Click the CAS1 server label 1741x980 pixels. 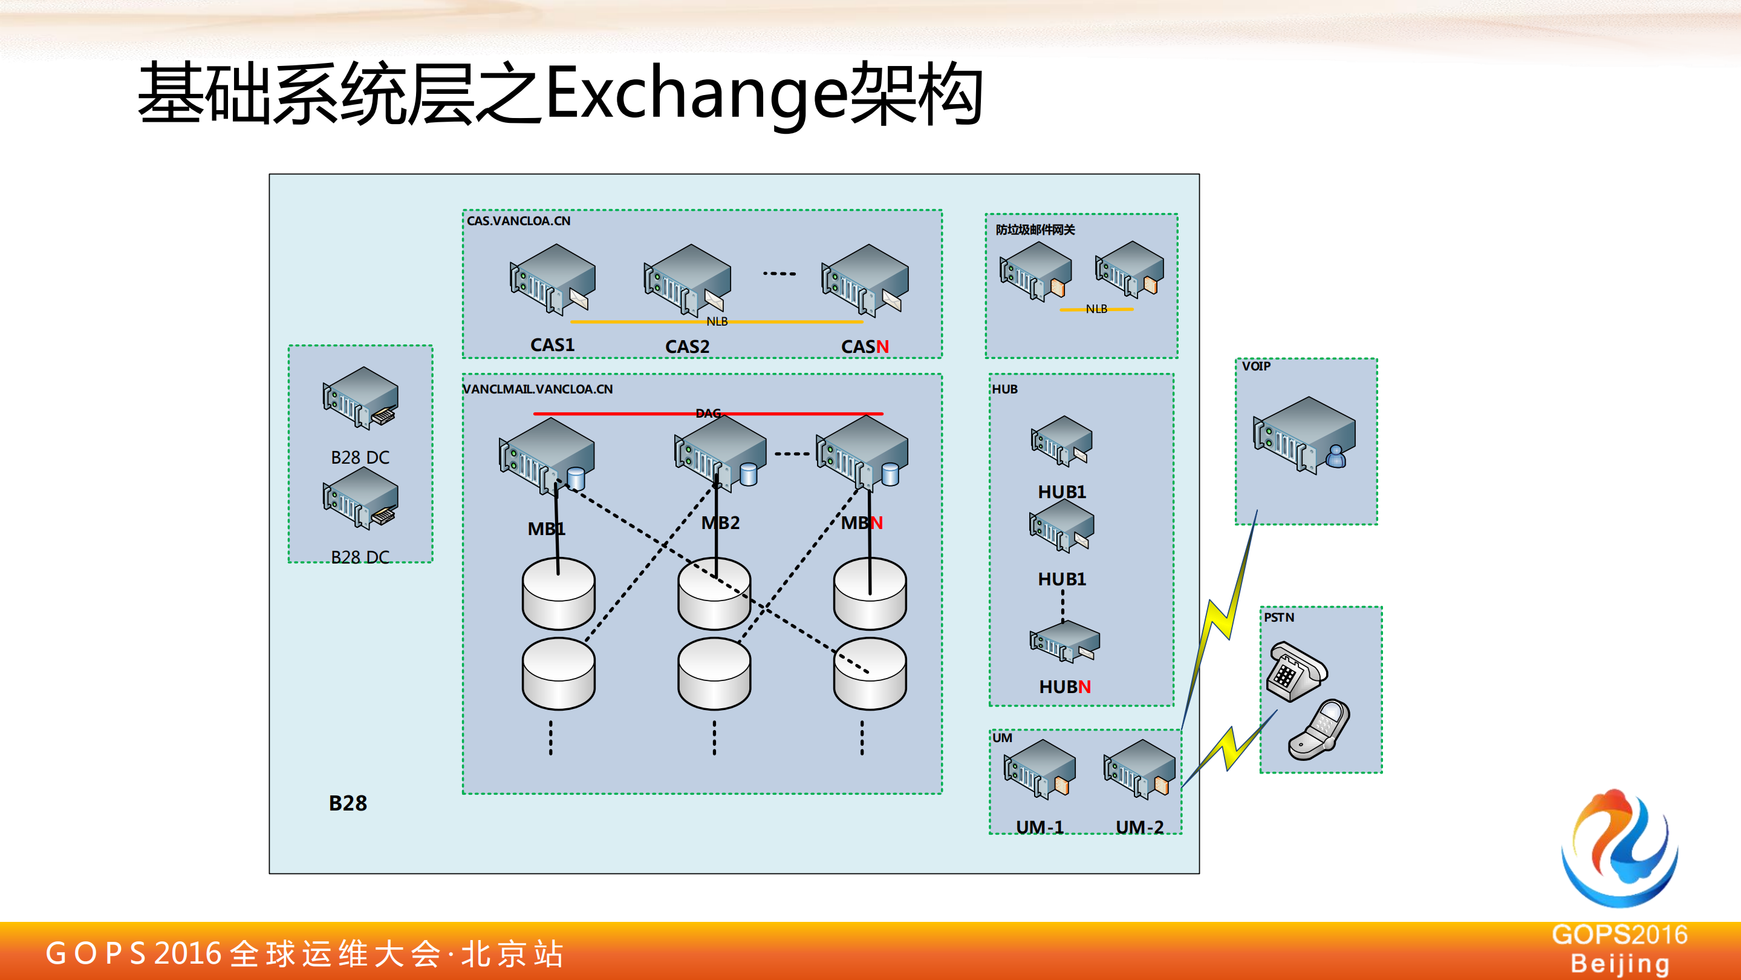[x=552, y=345]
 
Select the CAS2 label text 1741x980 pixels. [x=687, y=346]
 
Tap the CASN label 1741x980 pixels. [x=864, y=346]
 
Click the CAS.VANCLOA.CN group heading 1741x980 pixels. [x=518, y=221]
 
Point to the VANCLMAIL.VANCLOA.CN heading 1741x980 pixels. [x=538, y=389]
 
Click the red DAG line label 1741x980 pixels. [x=708, y=413]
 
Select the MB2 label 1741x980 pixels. [x=720, y=523]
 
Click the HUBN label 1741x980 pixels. [x=1064, y=686]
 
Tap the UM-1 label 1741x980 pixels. [x=1040, y=826]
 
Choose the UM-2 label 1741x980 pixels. [x=1139, y=826]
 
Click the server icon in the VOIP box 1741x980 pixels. [x=1304, y=435]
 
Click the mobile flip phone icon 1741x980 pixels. [x=1320, y=731]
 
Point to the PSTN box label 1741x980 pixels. [x=1279, y=617]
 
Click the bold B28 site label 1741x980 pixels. [x=347, y=803]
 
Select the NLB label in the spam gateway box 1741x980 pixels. [x=1096, y=309]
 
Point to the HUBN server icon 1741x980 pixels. [x=1064, y=641]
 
